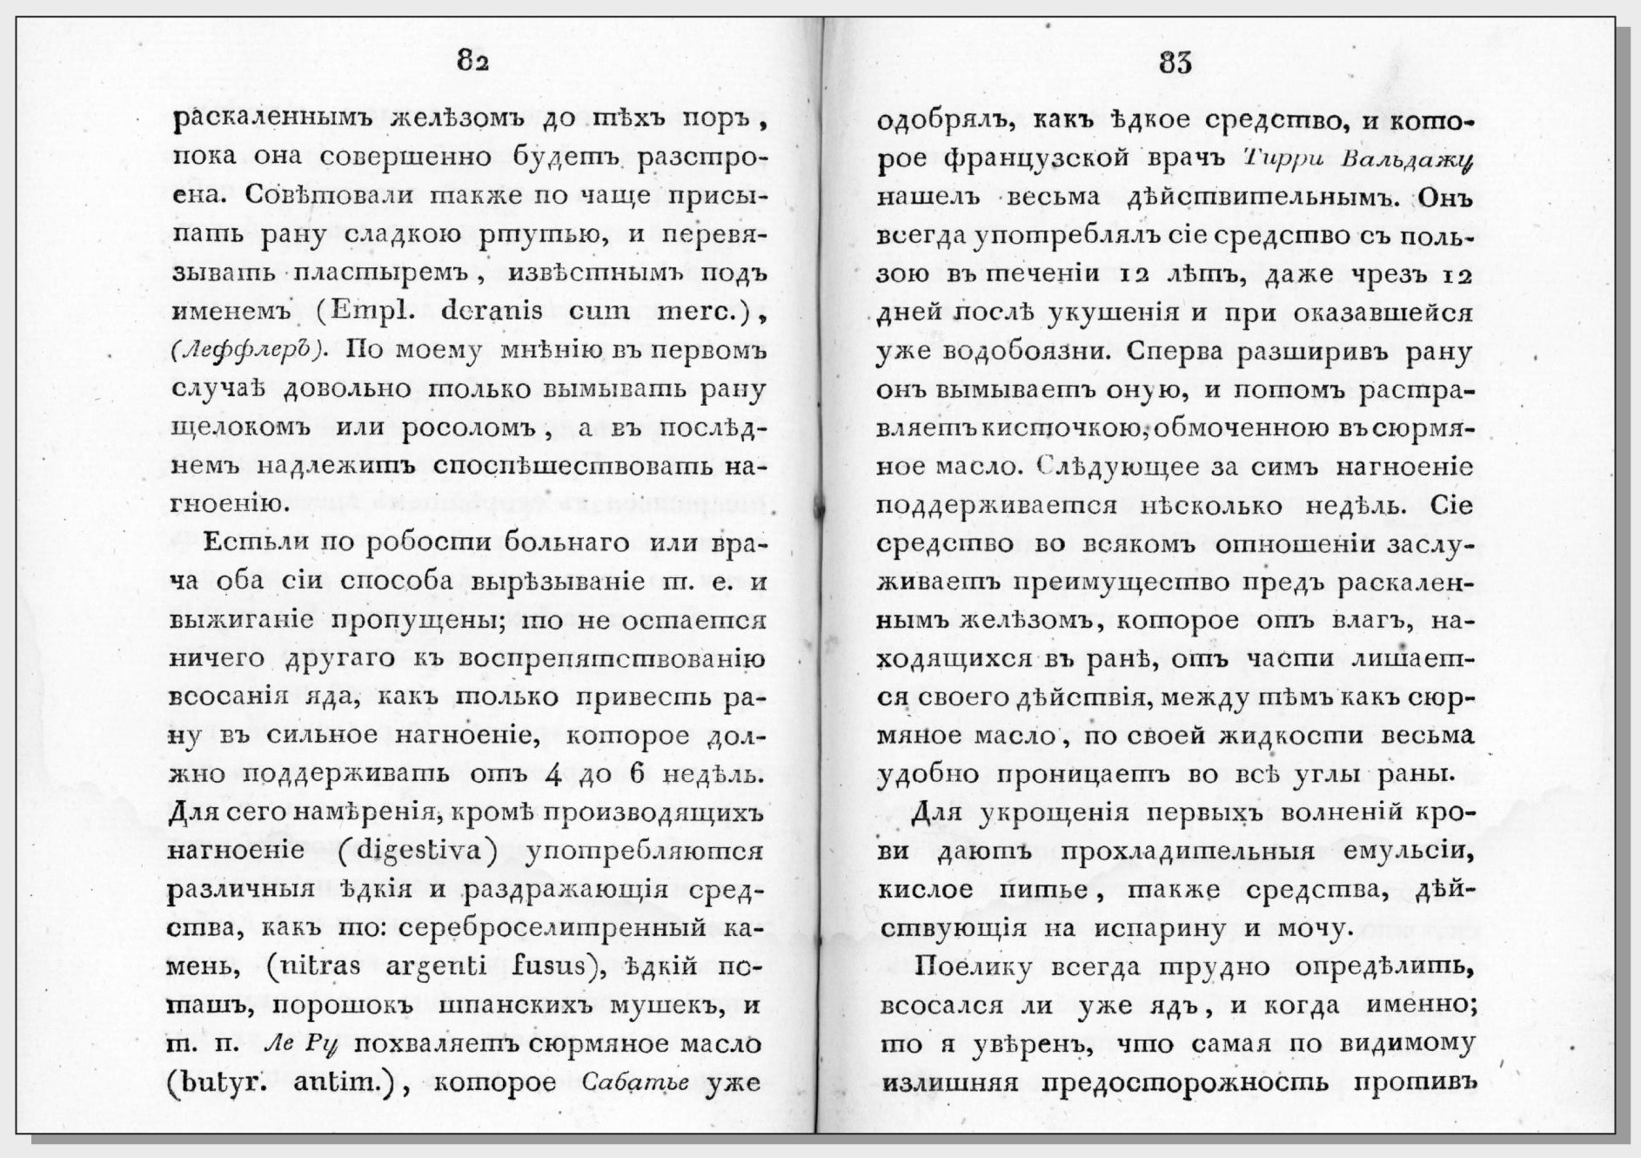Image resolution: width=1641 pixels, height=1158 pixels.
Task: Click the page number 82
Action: coord(473,62)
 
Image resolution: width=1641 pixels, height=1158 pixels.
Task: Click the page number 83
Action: coord(1175,62)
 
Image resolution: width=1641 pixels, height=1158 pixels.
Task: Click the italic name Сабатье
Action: coord(634,1082)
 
